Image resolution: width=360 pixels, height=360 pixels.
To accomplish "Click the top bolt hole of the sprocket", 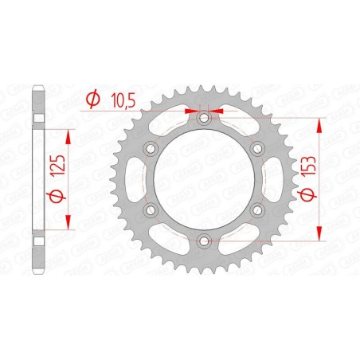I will click(x=204, y=118).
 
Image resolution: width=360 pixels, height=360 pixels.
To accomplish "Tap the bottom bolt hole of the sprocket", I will click(x=204, y=240).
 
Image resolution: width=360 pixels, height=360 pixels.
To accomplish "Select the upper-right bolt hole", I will click(x=256, y=148).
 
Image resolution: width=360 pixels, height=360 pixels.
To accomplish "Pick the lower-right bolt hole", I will click(x=256, y=209).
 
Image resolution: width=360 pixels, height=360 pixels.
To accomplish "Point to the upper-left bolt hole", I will click(x=151, y=148).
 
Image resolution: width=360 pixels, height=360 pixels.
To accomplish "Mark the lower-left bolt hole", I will click(x=151, y=209).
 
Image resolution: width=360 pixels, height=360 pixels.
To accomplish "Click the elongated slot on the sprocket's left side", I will click(x=139, y=179).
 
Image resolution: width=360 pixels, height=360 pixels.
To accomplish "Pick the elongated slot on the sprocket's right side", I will click(x=268, y=179).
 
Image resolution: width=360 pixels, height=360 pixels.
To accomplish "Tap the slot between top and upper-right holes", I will click(x=236, y=123).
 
